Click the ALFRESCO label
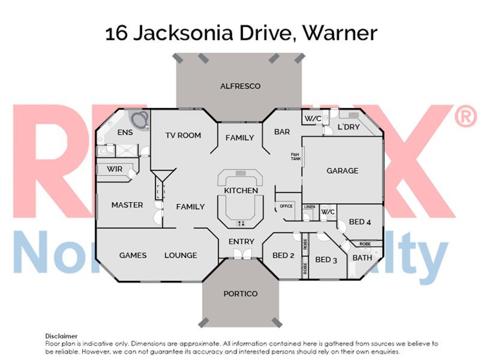(240, 86)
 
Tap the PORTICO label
(240, 293)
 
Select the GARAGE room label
(342, 170)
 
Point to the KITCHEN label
(241, 191)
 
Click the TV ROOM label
(183, 135)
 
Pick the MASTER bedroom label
(127, 205)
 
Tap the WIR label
(115, 169)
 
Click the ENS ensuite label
(125, 133)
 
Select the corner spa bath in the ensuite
(138, 119)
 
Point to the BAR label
(282, 131)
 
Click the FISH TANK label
(295, 157)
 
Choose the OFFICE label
(286, 206)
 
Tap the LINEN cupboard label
(310, 206)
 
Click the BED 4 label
(360, 222)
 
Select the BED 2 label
(283, 256)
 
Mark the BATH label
(362, 257)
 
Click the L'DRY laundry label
(348, 128)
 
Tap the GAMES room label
(133, 255)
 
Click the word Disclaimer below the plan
(61, 336)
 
